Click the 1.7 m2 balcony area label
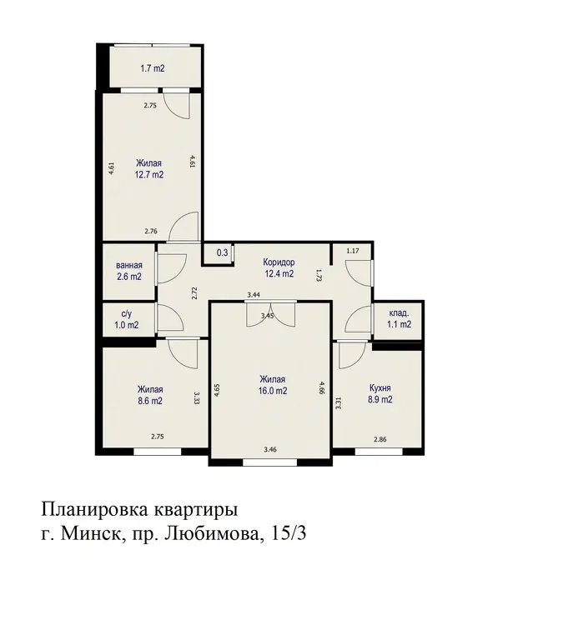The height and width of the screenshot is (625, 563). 153,68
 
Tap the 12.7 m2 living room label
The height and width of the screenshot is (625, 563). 149,169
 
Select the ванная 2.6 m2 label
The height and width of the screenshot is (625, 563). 129,271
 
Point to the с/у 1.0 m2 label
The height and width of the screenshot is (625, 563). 127,320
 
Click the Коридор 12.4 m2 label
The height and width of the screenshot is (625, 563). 279,267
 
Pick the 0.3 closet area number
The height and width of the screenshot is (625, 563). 222,252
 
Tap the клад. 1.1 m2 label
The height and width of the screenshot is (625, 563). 399,319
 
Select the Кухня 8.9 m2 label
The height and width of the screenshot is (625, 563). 380,394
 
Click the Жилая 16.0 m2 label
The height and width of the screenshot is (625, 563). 273,385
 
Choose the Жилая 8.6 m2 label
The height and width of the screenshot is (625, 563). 150,395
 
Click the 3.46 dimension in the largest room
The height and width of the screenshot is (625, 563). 270,450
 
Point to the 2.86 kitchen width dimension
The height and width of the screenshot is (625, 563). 380,440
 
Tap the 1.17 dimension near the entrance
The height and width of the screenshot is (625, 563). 353,251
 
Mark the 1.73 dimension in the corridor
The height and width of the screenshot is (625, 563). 319,275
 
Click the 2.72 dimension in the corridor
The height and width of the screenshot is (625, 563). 194,293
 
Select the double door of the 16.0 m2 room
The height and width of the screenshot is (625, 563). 271,313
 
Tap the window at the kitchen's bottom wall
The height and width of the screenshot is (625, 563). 379,452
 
